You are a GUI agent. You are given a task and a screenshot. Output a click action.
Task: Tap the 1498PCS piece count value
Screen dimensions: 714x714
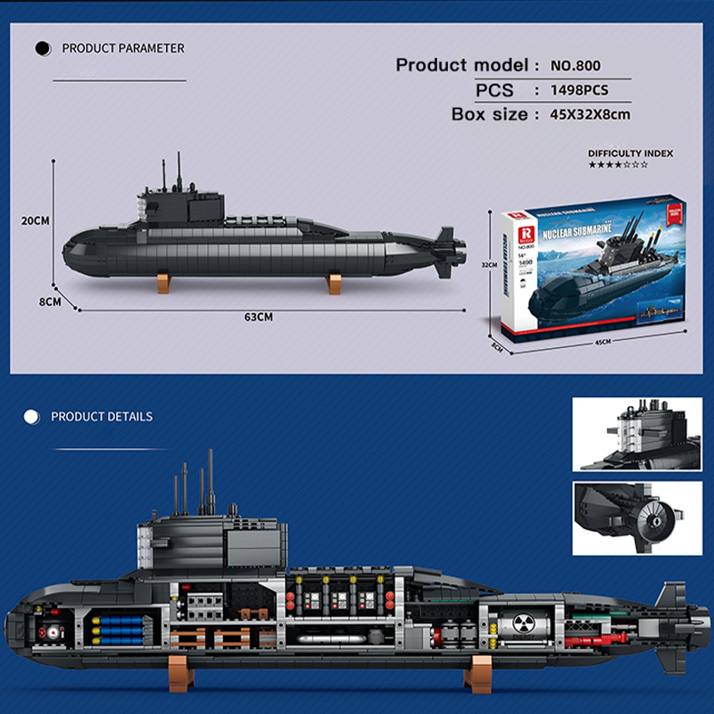coord(585,90)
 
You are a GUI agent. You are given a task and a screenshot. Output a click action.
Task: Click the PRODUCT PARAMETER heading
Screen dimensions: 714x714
coord(123,48)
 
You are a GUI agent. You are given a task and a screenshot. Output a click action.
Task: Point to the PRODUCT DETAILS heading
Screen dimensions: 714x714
coord(102,417)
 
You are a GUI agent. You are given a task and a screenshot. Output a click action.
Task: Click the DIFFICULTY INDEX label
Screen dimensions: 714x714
coord(630,154)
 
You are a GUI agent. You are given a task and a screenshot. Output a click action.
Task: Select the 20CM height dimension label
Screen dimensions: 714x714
coord(35,220)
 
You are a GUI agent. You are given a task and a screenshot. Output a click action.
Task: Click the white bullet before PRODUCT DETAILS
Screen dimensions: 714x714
coord(33,417)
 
